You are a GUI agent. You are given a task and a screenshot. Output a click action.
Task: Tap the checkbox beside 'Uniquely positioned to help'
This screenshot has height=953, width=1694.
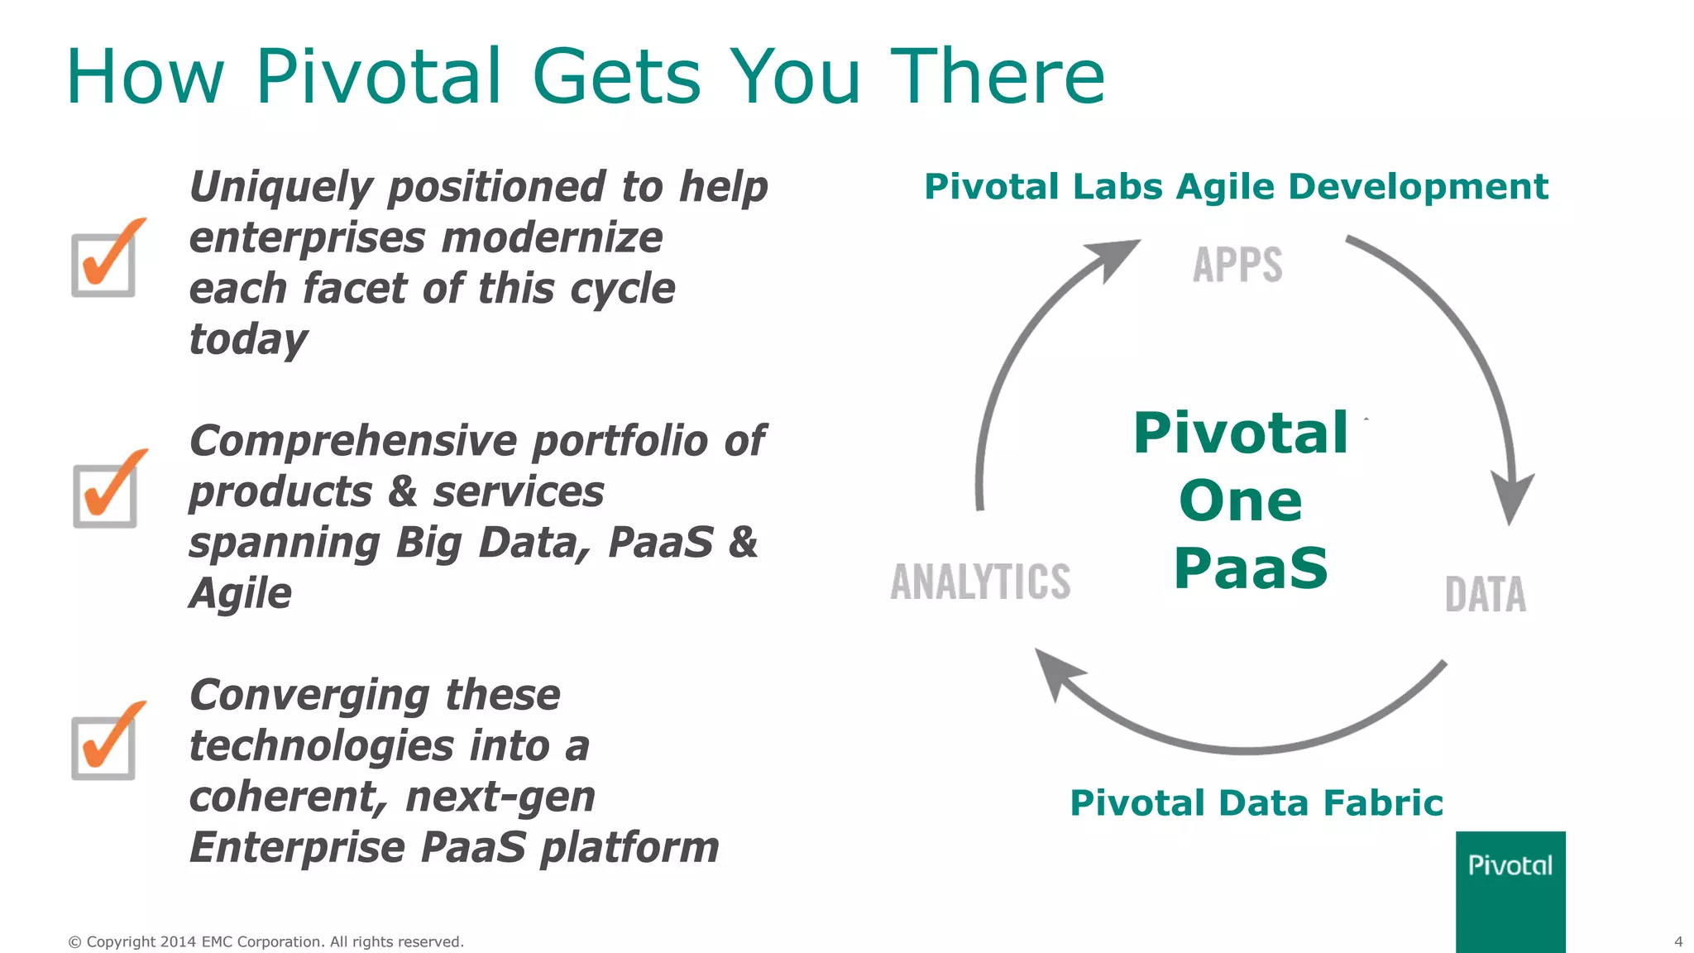point(104,265)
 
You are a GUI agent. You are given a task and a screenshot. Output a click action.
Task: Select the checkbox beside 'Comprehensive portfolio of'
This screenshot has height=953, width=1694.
point(105,495)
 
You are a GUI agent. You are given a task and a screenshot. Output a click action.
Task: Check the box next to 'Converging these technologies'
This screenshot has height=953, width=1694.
point(104,747)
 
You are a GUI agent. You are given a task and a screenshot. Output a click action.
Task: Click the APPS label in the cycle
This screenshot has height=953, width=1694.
point(1237,266)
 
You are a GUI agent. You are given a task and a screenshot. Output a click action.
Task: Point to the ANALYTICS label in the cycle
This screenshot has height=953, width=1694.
point(980,581)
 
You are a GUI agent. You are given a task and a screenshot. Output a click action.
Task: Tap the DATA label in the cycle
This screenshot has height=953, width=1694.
point(1485,595)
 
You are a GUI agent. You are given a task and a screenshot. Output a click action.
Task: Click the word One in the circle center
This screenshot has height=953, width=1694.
point(1240,500)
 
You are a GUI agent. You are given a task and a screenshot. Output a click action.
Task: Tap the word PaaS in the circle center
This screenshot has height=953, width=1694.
point(1250,568)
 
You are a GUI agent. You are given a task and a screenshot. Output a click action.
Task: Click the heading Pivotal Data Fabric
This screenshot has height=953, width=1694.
point(1256,802)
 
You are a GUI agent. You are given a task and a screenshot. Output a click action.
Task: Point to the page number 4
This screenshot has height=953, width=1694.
point(1678,941)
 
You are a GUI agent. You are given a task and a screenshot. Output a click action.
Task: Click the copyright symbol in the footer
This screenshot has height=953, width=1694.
point(74,942)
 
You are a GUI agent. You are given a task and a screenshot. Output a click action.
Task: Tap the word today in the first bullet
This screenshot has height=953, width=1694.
point(248,339)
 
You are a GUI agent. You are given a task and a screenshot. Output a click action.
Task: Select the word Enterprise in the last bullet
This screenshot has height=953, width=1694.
point(297,847)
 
